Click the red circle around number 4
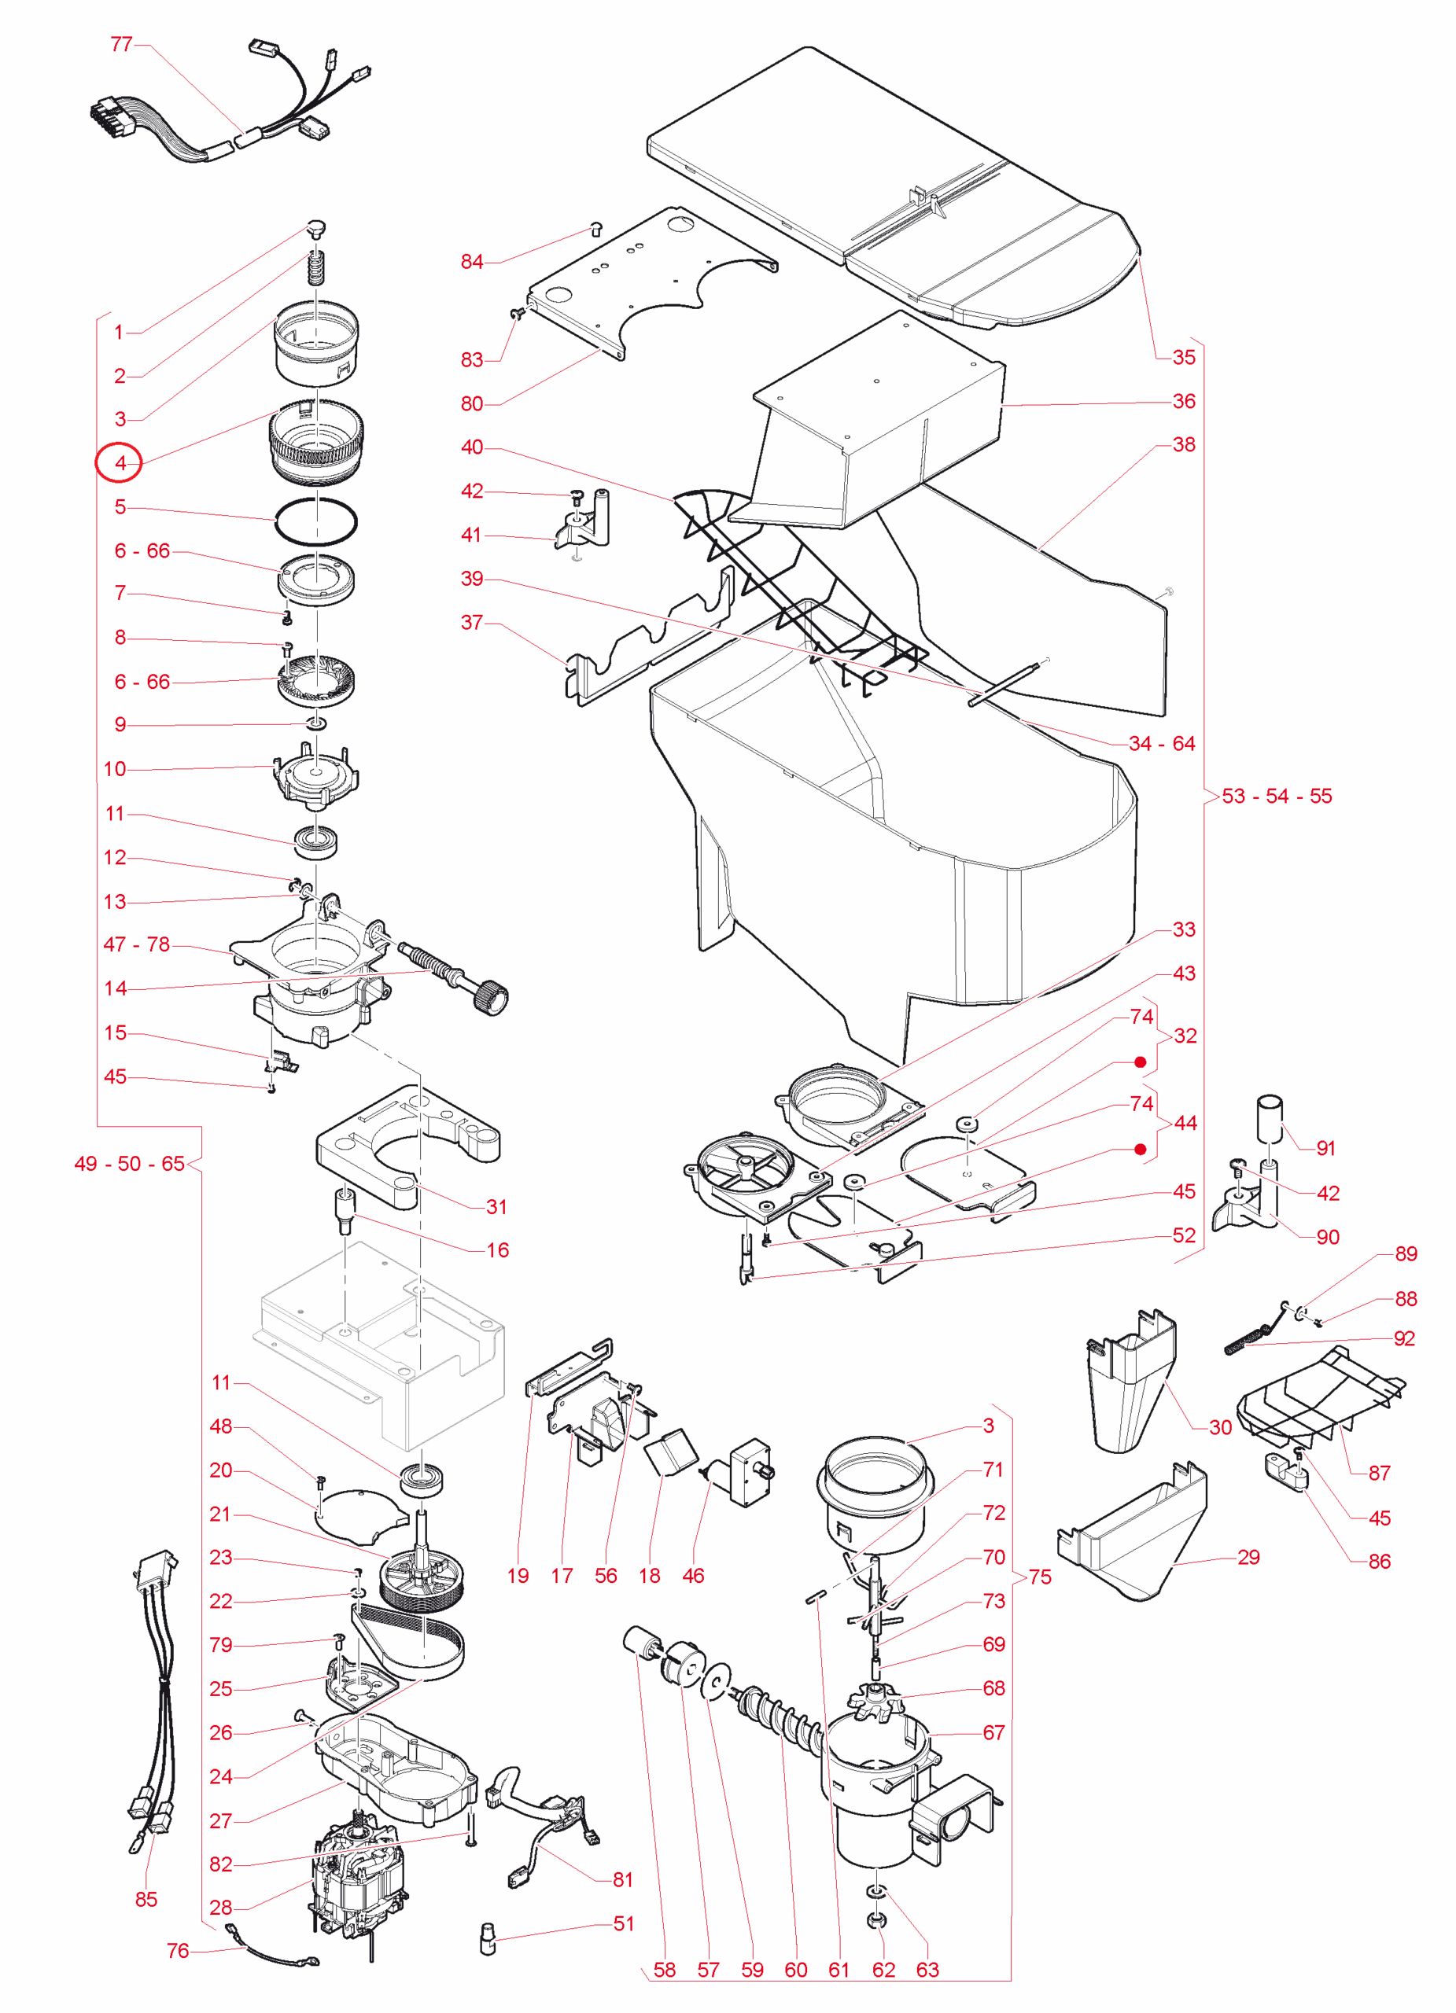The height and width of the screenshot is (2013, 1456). tap(118, 462)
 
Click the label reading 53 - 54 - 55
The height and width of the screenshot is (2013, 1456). tap(1277, 796)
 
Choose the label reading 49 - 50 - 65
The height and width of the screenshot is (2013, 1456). tap(130, 1164)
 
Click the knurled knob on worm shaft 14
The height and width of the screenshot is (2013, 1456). tap(491, 999)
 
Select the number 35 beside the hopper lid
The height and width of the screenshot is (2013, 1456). tap(1185, 357)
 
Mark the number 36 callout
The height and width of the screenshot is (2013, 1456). tap(1185, 401)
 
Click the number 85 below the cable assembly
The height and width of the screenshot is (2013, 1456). tap(146, 1900)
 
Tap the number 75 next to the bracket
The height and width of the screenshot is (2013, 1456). tap(1040, 1577)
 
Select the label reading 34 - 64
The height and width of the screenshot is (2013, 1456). tap(1162, 744)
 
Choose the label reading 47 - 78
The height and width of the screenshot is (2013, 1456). tap(137, 944)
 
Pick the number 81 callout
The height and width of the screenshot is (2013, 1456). tap(623, 1880)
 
